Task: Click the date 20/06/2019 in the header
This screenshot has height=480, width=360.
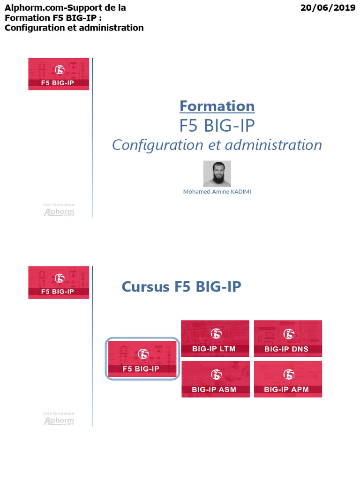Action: [328, 8]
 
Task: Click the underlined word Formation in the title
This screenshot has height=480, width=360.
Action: [217, 106]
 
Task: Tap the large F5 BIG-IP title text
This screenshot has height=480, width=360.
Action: [217, 125]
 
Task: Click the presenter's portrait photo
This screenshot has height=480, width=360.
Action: [217, 173]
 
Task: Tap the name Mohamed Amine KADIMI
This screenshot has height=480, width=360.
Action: [217, 192]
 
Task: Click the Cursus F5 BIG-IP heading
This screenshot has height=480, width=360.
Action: [181, 286]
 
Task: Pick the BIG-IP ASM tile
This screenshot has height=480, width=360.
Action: [215, 379]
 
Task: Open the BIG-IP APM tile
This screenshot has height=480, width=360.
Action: [288, 379]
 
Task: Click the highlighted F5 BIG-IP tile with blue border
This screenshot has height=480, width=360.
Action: [142, 359]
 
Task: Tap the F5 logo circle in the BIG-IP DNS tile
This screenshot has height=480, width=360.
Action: [289, 333]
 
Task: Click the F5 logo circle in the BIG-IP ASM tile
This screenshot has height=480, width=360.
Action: [216, 374]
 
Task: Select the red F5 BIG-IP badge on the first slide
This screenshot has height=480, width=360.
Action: [59, 74]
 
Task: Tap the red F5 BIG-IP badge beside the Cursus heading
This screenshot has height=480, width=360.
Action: [59, 283]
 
